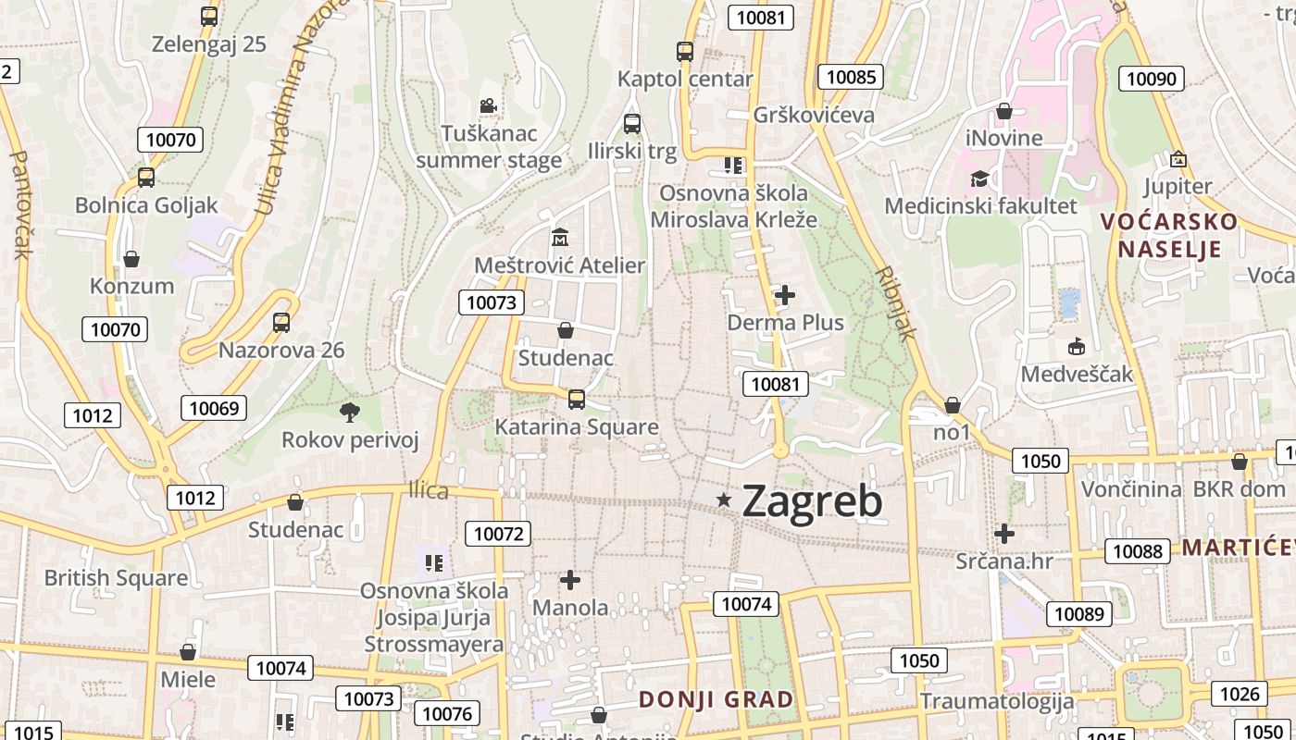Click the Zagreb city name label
[812, 500]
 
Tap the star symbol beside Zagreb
[724, 500]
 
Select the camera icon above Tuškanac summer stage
[488, 106]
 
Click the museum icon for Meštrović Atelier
[559, 238]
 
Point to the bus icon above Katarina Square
[576, 399]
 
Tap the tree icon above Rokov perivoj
[349, 412]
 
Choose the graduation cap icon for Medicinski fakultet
[979, 179]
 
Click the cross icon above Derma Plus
[785, 295]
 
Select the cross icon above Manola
[570, 580]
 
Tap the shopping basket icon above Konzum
[131, 259]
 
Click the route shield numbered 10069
[214, 408]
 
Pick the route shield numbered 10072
[499, 533]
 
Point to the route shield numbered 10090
[1152, 79]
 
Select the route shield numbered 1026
[1240, 694]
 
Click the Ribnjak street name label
[896, 304]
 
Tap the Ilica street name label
[429, 491]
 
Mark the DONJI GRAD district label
[716, 699]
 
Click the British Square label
[116, 578]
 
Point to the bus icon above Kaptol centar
[685, 52]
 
